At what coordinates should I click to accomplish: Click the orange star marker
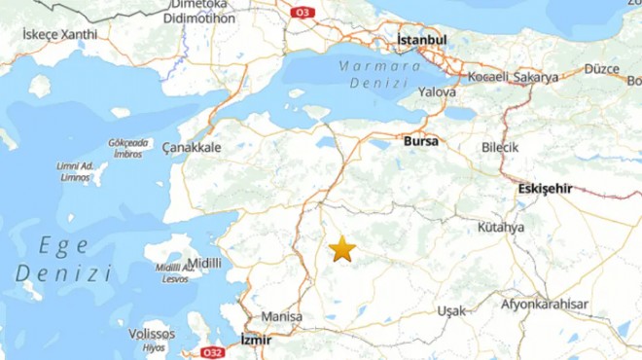coord(342,249)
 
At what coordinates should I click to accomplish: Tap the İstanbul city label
coord(421,40)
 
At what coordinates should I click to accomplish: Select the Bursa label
coord(420,141)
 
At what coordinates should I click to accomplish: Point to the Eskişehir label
coord(546,188)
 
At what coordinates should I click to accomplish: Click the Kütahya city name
coord(501,227)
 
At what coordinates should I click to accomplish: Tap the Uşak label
coord(451,310)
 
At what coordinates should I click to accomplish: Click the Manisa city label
coord(281,317)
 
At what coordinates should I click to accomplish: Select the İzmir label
coord(256,340)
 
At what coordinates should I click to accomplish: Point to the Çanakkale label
coord(193,147)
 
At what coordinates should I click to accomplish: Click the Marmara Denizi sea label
coord(380,75)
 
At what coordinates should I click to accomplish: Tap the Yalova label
coord(437,91)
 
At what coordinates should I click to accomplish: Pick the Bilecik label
coord(501,147)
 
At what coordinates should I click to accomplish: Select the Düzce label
coord(602,69)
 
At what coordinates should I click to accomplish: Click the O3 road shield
coord(303,12)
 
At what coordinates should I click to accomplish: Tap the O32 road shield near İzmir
coord(212,351)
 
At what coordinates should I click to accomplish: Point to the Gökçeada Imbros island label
coord(126,148)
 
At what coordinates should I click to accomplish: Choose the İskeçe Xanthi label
coord(60,34)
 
